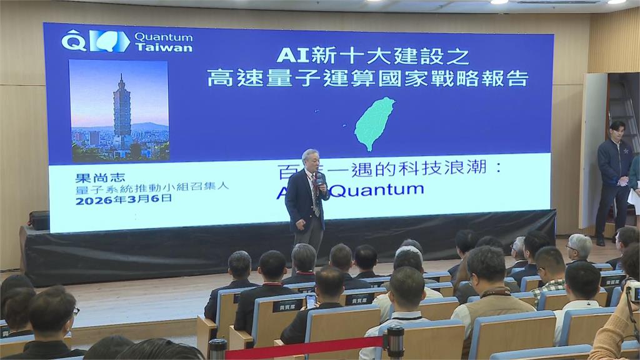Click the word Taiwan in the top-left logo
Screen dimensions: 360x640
pyautogui.click(x=164, y=47)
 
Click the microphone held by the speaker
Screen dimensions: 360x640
pyautogui.click(x=319, y=181)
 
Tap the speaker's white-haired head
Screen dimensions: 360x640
pyautogui.click(x=310, y=160)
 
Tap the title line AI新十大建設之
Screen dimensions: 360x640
pyautogui.click(x=372, y=56)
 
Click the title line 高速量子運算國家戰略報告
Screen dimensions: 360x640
pyautogui.click(x=368, y=79)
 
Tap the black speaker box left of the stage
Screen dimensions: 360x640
pyautogui.click(x=39, y=220)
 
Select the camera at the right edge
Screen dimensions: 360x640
pyautogui.click(x=632, y=291)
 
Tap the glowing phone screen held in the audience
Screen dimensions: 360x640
pyautogui.click(x=311, y=301)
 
